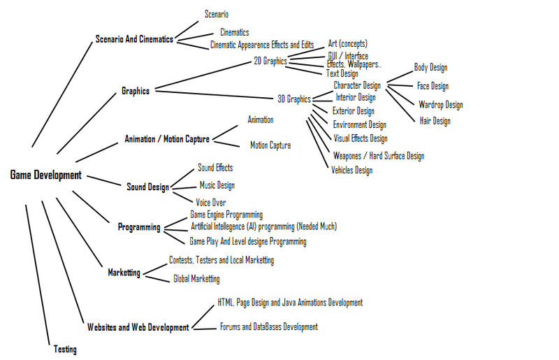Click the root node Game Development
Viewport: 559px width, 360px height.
[45, 175]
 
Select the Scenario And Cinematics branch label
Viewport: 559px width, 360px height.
[133, 39]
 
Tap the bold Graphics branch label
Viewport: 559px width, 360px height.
[135, 91]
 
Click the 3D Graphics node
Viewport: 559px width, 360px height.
[293, 99]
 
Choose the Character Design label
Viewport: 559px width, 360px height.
[356, 85]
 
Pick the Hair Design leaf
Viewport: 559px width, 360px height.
[434, 121]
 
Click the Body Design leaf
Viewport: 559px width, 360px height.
[430, 68]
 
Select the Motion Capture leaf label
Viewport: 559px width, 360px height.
[270, 145]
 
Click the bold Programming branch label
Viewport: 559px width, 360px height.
[139, 227]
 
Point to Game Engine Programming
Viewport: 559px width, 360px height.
[226, 215]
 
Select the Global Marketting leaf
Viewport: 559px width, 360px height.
[196, 278]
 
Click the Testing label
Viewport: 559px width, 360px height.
[65, 349]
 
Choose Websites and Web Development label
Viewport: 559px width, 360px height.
[138, 327]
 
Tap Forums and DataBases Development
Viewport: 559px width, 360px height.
[268, 326]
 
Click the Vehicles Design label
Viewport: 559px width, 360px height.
[351, 170]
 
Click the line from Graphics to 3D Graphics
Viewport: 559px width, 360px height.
[217, 94]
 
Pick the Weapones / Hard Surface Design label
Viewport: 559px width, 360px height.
[378, 155]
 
